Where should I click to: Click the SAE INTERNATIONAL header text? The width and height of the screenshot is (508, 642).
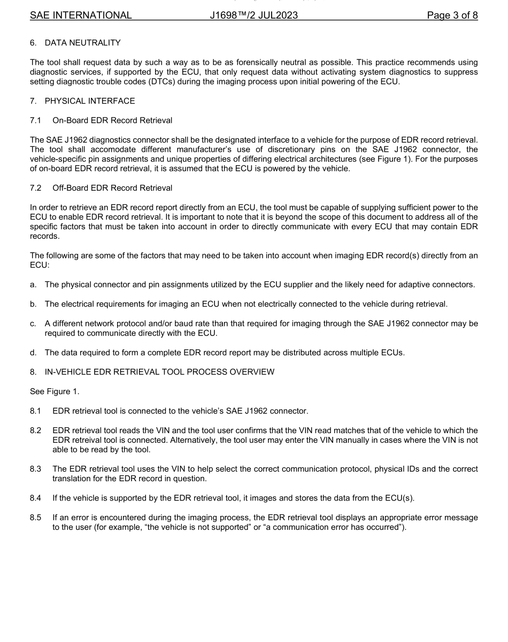[x=81, y=15]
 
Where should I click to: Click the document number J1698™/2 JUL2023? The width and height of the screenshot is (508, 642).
[x=254, y=15]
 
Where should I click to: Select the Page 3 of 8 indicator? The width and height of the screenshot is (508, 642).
[x=452, y=15]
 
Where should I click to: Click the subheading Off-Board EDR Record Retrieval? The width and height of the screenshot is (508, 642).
[x=112, y=187]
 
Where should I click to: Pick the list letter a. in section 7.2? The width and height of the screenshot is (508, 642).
[x=33, y=285]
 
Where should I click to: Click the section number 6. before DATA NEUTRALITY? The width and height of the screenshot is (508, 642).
[x=33, y=43]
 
